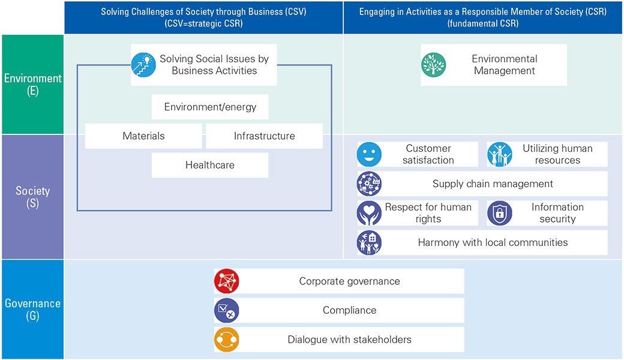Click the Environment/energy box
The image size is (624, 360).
tap(210, 107)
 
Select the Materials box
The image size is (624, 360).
tap(143, 136)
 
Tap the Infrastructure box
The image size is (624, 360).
tap(264, 136)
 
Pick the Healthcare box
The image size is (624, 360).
tap(210, 165)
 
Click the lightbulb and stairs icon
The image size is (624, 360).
tap(143, 65)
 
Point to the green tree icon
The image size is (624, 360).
tap(434, 65)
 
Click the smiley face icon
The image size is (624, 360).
tap(370, 154)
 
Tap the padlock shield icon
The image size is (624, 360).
tap(500, 213)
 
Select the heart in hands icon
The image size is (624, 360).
tap(370, 213)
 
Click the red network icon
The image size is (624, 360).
tap(226, 281)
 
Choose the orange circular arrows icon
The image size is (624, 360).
tap(226, 340)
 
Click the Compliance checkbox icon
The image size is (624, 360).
tap(226, 310)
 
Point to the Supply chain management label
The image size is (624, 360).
tap(493, 184)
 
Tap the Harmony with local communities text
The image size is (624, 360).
tap(493, 242)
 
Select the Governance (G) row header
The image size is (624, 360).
tap(32, 310)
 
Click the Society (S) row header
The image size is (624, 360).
tap(32, 197)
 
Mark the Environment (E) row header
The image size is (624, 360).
tap(32, 85)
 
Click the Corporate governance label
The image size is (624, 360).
tap(349, 281)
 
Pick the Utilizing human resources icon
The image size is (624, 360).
tap(500, 154)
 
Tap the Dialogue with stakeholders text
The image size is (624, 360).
tap(349, 340)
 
